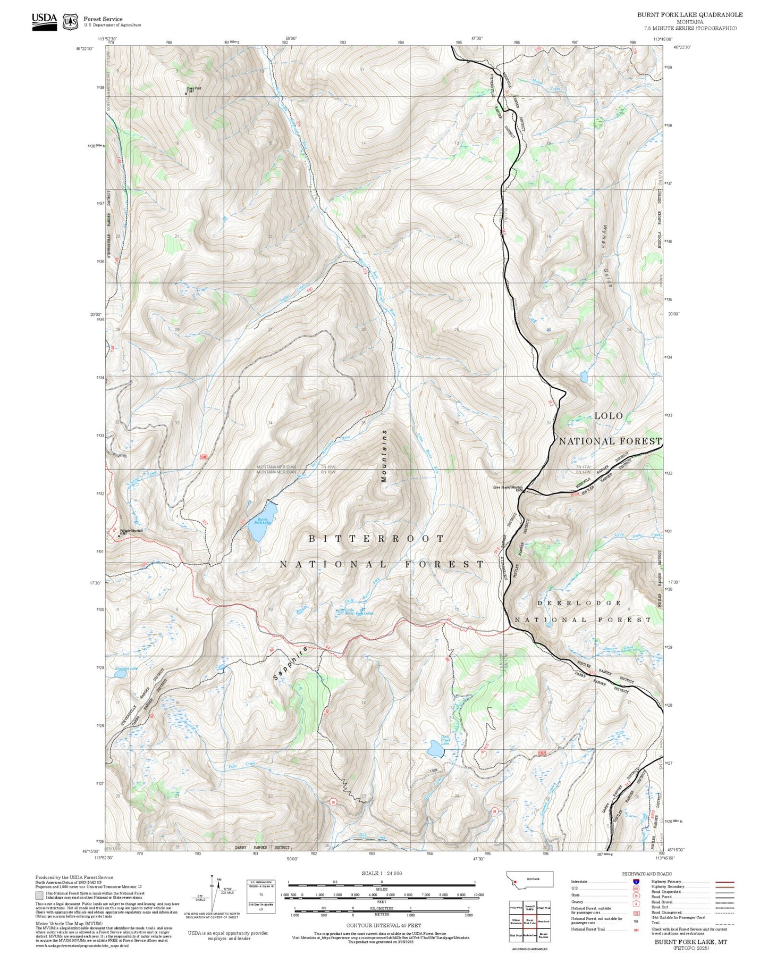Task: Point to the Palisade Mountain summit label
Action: (131, 531)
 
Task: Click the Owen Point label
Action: (193, 89)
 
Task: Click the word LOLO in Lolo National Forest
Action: (609, 416)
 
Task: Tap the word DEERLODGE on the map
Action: (579, 603)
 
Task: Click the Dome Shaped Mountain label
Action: (508, 487)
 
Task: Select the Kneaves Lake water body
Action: (121, 674)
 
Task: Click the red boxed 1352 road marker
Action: (542, 753)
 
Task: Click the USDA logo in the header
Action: (44, 20)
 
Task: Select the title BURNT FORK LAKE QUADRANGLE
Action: (690, 15)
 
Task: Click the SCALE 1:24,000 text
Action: (382, 873)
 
